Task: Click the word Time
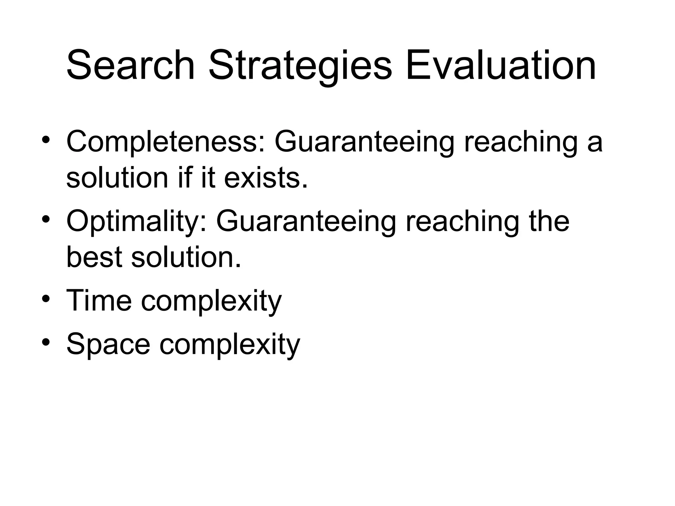coord(99,300)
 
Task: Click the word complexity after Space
coord(230,344)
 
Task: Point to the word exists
coord(266,178)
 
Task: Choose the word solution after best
coord(186,257)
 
